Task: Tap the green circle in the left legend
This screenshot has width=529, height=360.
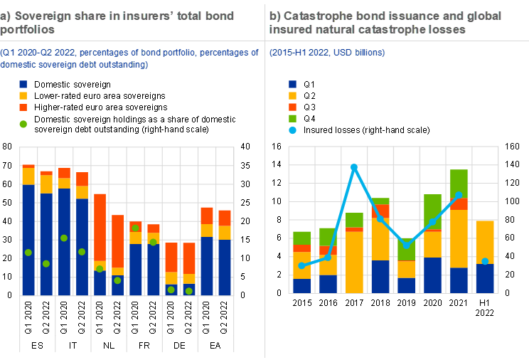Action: pos(23,124)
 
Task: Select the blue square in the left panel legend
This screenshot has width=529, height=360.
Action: pos(23,84)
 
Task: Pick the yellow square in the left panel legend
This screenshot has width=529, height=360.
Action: pos(23,95)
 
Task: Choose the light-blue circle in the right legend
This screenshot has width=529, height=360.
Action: pos(293,129)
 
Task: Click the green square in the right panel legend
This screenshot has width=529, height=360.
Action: pos(293,118)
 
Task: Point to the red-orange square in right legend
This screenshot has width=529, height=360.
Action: pos(293,107)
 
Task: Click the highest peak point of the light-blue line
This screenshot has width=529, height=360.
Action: pos(354,166)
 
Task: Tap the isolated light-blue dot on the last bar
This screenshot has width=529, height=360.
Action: pos(485,261)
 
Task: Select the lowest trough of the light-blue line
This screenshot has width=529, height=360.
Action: pos(406,246)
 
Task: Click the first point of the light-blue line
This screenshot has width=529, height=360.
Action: pos(301,265)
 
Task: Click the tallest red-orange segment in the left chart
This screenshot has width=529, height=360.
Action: pos(100,228)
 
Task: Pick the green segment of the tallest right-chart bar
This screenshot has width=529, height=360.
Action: pos(459,184)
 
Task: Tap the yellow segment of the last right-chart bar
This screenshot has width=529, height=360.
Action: pos(485,240)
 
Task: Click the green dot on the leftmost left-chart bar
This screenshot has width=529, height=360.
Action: pos(28,253)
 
